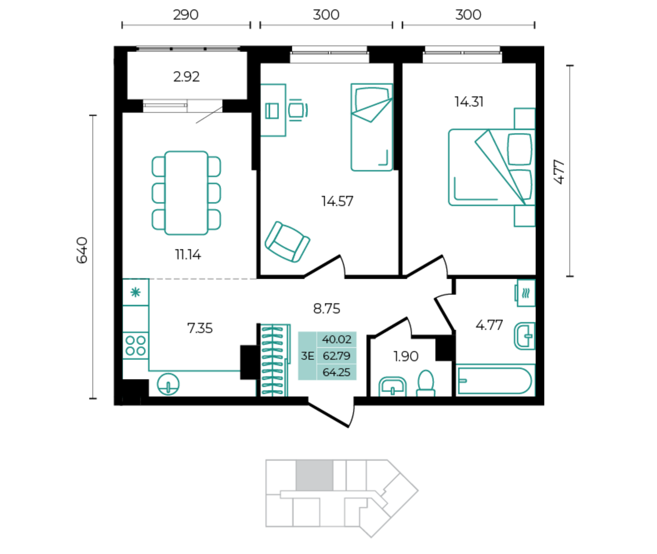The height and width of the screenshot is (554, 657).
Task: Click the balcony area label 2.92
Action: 186,77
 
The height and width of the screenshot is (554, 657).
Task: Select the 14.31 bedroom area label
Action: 469,102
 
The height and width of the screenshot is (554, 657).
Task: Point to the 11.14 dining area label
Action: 188,254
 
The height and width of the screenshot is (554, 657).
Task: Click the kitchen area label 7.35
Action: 200,328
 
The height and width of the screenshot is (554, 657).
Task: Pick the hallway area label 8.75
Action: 326,309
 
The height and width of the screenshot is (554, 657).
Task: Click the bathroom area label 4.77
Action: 489,325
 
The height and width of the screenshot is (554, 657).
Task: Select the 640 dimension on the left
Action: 82,250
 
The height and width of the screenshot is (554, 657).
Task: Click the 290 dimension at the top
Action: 186,15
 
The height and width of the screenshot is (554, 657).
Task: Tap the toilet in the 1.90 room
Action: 426,384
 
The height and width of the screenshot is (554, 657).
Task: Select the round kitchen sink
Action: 168,384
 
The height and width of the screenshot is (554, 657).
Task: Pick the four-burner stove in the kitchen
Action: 135,345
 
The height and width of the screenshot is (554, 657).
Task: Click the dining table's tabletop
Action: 186,193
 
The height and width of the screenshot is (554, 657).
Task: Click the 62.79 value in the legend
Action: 337,356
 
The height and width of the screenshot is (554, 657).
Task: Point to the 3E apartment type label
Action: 308,356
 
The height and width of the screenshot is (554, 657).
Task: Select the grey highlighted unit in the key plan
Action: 314,475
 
